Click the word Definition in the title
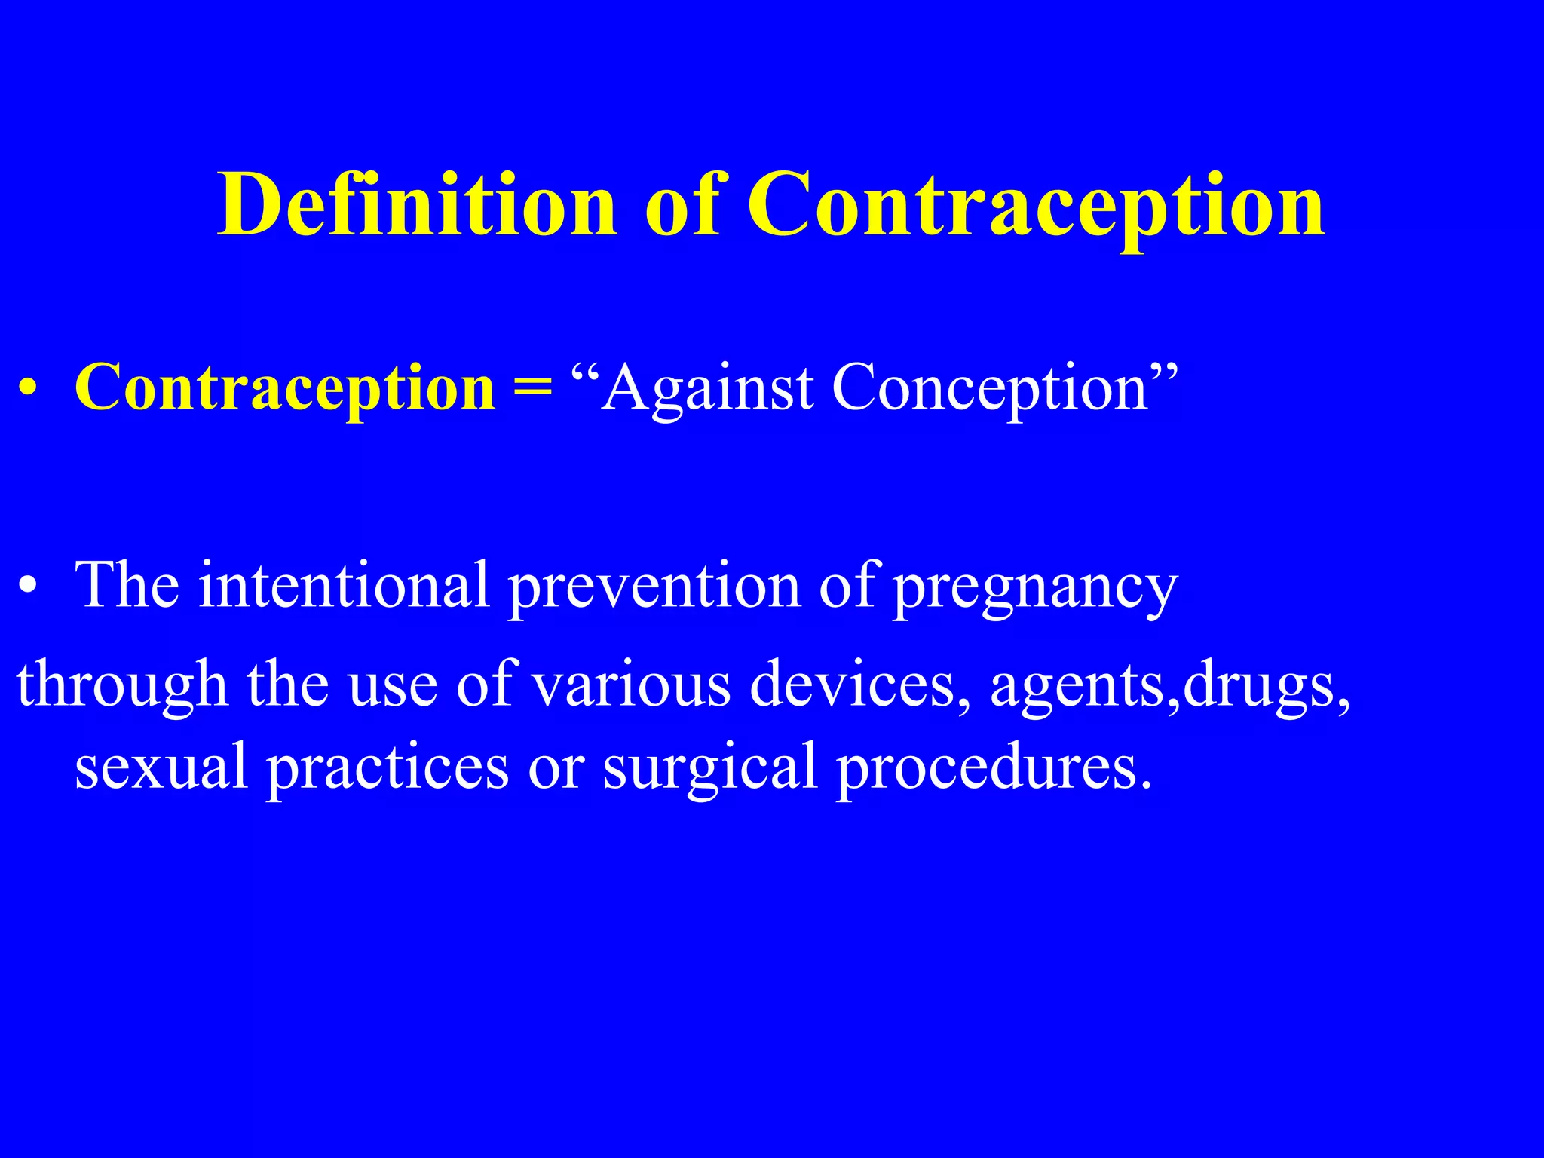417,205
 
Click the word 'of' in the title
682,205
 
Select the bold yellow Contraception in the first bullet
285,388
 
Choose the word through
122,685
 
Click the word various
631,685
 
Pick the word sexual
161,766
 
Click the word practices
388,766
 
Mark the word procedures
994,766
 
